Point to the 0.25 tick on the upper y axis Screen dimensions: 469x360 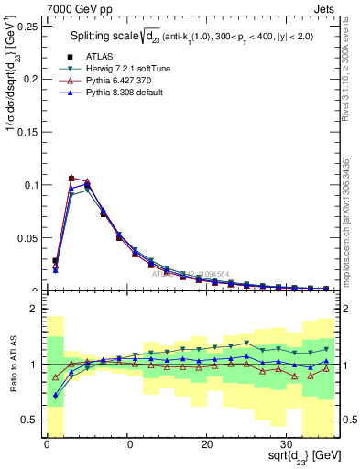[27, 27]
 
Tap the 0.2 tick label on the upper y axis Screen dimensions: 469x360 [30, 80]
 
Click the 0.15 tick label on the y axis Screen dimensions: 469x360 [27, 133]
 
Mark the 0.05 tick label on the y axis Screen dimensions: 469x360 [27, 238]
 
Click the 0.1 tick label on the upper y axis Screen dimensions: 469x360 [30, 185]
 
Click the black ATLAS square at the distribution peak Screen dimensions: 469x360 [71, 179]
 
